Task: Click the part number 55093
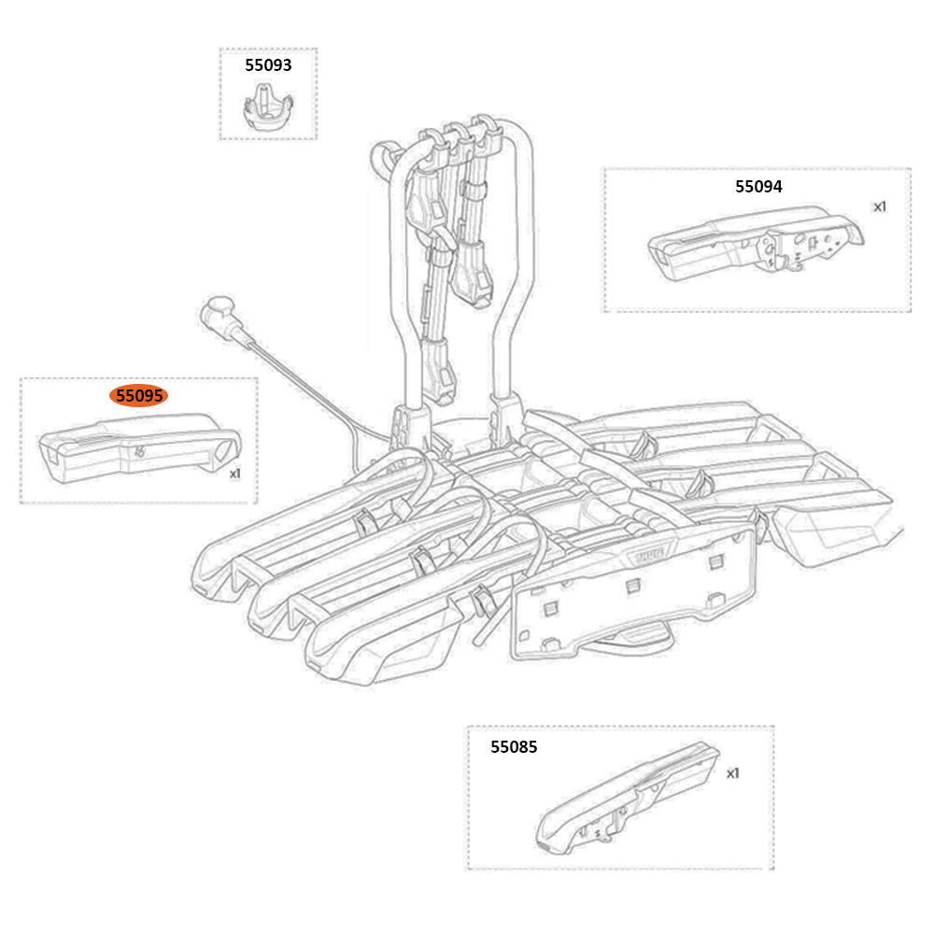[x=268, y=65]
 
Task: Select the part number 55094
[x=758, y=186]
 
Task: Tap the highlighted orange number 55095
[x=139, y=396]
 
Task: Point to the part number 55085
[x=514, y=747]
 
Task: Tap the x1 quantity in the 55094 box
[x=879, y=206]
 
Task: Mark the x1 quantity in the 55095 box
[x=235, y=474]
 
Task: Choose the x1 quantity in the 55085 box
[x=732, y=773]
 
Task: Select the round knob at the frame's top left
[x=384, y=154]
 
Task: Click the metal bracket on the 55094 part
[x=785, y=248]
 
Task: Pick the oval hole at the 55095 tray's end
[x=221, y=451]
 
